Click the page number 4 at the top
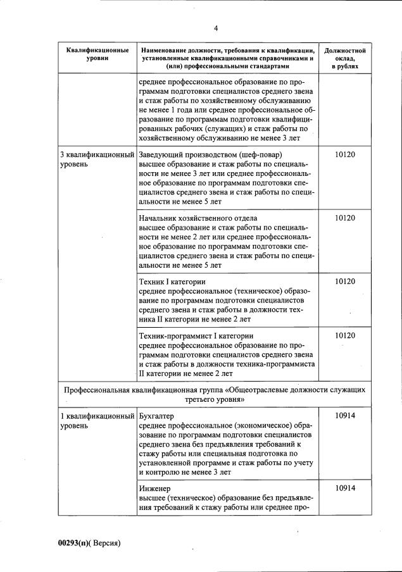click(216, 28)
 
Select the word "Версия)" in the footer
click(107, 544)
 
